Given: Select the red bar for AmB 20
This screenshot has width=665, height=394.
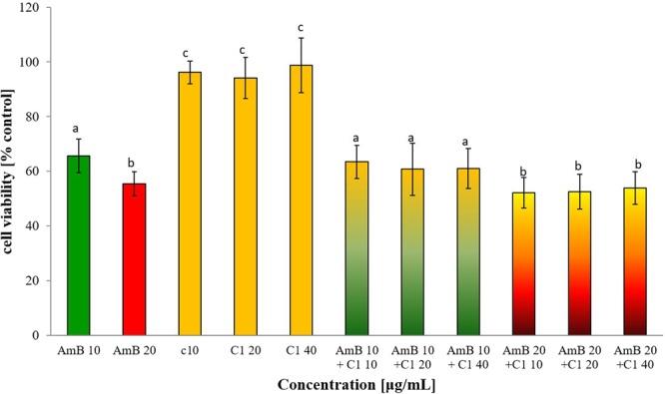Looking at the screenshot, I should coord(134,259).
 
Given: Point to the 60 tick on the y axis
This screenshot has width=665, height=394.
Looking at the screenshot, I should coord(40,172).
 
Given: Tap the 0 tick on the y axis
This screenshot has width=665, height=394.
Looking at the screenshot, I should coord(43,335).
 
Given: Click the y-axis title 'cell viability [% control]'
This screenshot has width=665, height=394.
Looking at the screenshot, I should coord(12,170).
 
